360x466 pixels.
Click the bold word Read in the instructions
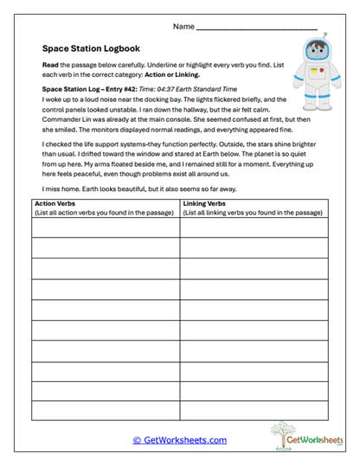coord(50,66)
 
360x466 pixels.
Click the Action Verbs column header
coord(54,204)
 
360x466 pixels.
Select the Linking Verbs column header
coord(205,204)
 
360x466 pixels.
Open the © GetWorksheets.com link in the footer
coord(179,440)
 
